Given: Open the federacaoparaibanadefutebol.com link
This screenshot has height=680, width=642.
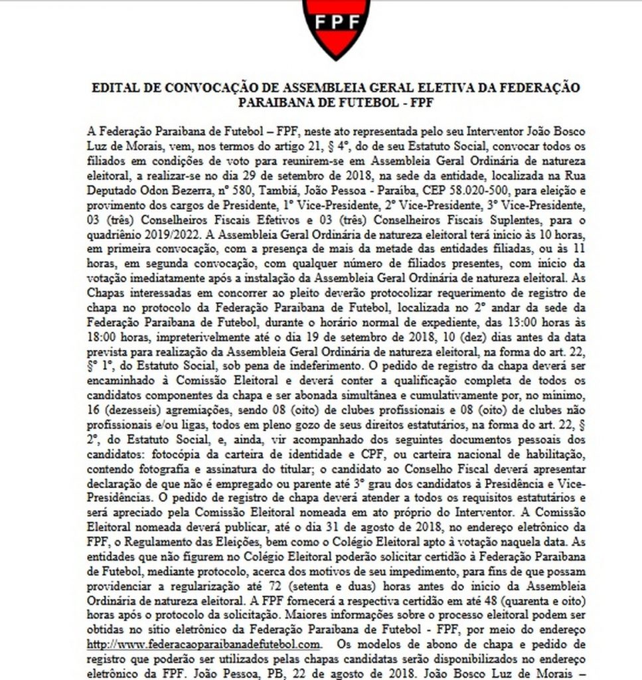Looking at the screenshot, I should [x=204, y=644].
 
